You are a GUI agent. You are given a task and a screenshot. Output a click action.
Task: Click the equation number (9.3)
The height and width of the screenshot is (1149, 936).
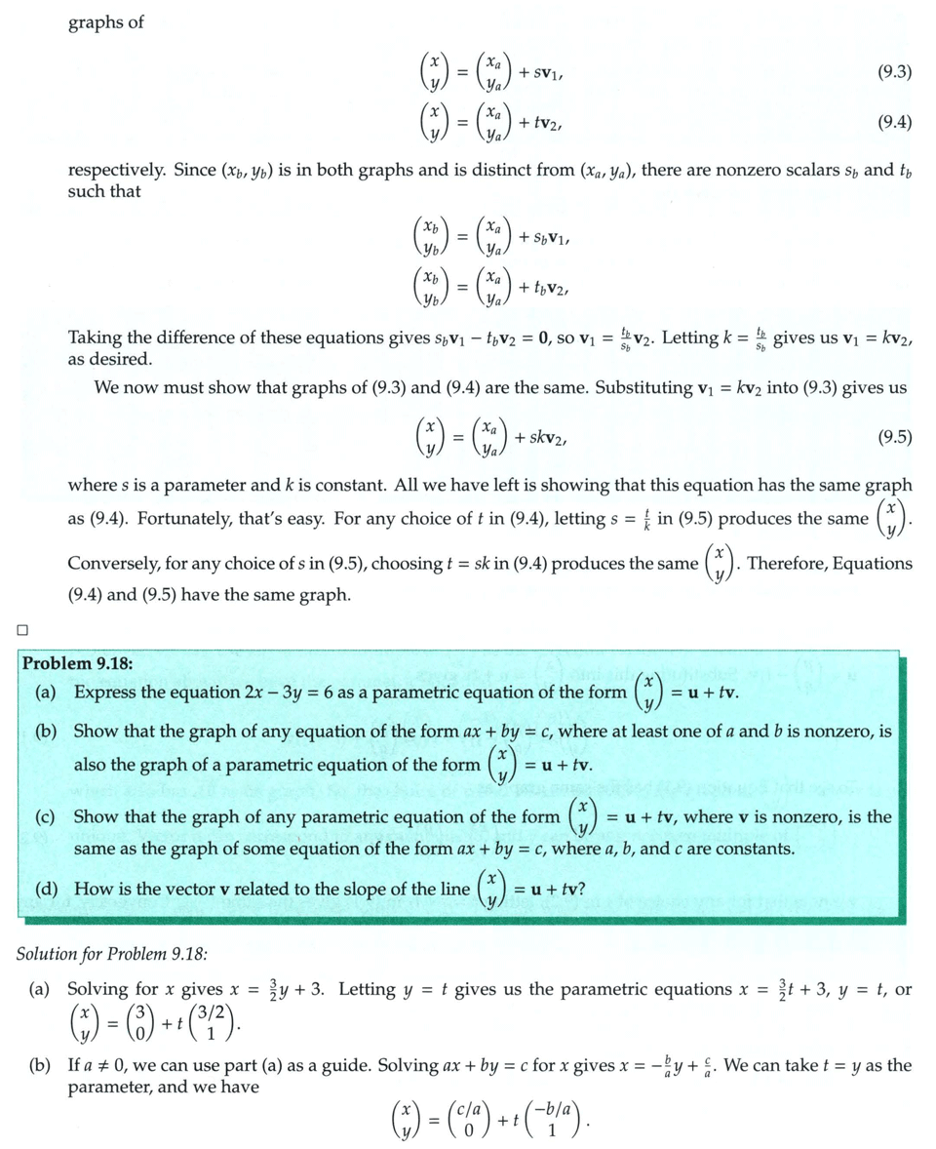[x=894, y=71]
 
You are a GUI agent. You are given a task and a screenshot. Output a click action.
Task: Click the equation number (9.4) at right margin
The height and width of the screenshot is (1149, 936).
[x=894, y=122]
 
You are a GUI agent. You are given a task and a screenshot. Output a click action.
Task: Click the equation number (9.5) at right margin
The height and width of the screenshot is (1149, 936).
[x=894, y=436]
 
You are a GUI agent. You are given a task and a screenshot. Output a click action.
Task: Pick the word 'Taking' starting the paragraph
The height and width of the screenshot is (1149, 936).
[x=95, y=337]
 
